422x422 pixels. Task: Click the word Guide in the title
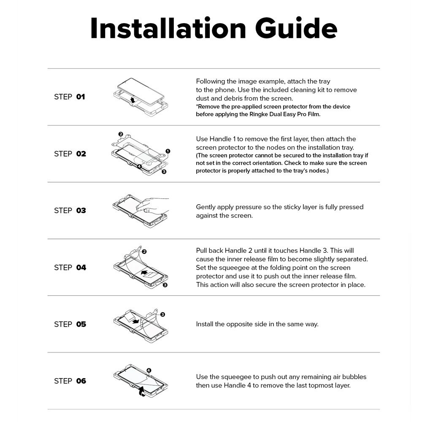click(296, 28)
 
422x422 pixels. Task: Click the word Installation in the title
click(168, 28)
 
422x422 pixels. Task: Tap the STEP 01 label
click(70, 97)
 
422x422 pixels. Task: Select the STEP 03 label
click(70, 211)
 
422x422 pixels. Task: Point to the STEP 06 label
click(70, 381)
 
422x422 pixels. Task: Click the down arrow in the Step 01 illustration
click(133, 100)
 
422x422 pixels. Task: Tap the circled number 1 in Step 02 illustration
click(168, 151)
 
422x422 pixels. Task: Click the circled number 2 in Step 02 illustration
click(121, 134)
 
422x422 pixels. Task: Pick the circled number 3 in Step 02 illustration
click(164, 171)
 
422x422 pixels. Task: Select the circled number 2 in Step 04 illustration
click(144, 252)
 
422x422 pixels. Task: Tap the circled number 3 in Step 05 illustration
click(162, 314)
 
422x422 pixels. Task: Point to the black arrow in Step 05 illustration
click(136, 321)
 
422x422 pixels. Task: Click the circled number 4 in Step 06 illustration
click(149, 371)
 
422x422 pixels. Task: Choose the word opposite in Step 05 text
click(238, 324)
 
